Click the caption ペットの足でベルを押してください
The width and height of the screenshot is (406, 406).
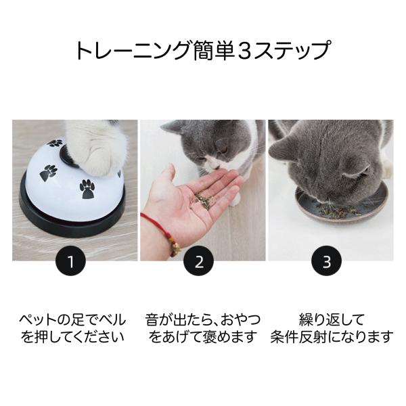click(74, 327)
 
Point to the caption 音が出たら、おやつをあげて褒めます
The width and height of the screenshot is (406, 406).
click(202, 327)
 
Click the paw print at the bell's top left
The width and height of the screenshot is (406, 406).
click(55, 143)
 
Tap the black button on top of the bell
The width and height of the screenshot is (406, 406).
click(68, 155)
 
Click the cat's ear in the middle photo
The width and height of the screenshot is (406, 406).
click(172, 127)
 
